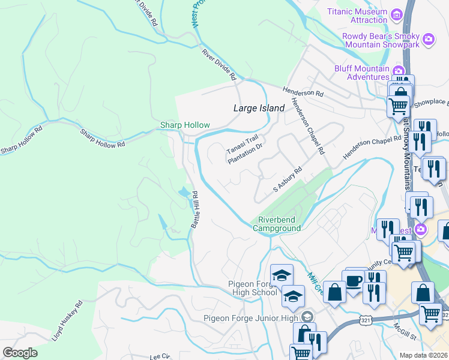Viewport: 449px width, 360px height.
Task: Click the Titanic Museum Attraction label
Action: pyautogui.click(x=357, y=16)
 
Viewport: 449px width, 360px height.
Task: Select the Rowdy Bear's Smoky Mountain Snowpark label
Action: pyautogui.click(x=381, y=40)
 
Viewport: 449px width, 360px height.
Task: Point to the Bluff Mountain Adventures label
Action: pyautogui.click(x=362, y=73)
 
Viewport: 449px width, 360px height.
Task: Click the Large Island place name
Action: pyautogui.click(x=258, y=108)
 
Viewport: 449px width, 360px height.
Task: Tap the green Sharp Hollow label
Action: pyautogui.click(x=185, y=125)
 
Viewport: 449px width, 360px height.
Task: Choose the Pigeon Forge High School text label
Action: pyautogui.click(x=252, y=288)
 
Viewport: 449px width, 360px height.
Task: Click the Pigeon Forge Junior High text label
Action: pyautogui.click(x=250, y=318)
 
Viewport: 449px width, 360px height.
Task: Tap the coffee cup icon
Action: pyautogui.click(x=353, y=280)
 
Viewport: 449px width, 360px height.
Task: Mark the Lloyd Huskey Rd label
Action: pyautogui.click(x=67, y=321)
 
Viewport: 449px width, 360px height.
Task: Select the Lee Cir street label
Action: pyautogui.click(x=161, y=356)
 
